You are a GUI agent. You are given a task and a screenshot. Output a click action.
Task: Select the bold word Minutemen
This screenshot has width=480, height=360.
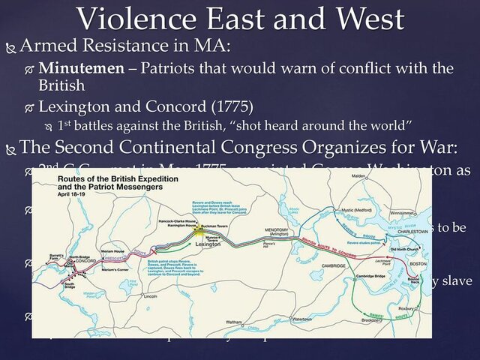point(75,68)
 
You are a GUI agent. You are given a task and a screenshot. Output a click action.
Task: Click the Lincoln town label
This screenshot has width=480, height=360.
point(150,296)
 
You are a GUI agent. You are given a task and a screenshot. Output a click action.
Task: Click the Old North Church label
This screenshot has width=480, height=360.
point(406,248)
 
